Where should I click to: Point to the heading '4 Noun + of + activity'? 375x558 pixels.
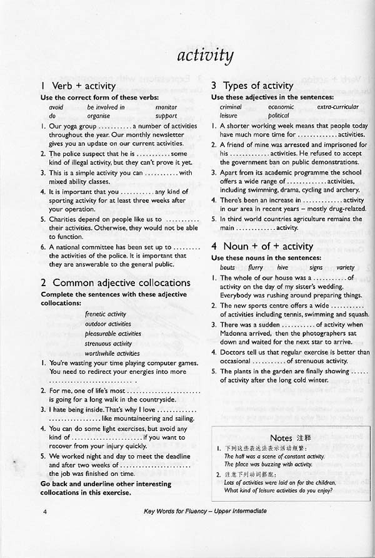click(x=262, y=246)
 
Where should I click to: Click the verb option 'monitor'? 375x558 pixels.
click(x=166, y=107)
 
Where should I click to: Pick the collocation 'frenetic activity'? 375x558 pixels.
click(x=106, y=314)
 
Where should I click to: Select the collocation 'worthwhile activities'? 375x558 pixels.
click(x=112, y=354)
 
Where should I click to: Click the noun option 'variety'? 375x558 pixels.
click(x=345, y=267)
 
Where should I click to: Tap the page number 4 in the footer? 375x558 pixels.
click(x=46, y=512)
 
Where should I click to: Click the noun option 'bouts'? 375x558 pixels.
click(x=227, y=267)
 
